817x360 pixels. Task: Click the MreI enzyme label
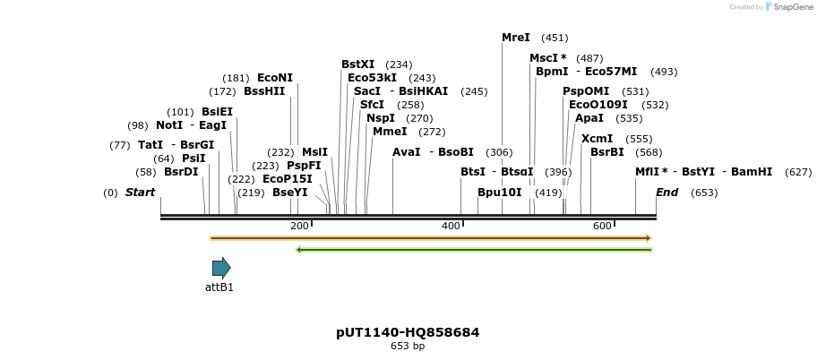[516, 38]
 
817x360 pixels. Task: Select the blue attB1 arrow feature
[221, 268]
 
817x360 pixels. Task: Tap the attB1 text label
[219, 287]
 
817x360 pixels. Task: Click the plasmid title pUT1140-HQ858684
[408, 332]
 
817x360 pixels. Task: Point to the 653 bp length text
[408, 346]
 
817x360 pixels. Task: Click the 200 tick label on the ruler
[299, 227]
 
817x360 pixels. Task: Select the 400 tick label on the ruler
[451, 227]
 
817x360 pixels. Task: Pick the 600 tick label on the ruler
[602, 227]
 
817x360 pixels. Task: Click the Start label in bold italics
[140, 193]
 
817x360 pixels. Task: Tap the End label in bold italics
[666, 193]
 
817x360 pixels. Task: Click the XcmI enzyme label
[598, 139]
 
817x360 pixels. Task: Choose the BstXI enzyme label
[358, 64]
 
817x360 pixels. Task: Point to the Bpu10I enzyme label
[499, 193]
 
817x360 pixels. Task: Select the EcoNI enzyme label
[275, 78]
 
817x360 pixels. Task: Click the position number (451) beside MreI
[555, 38]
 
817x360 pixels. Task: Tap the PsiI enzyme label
[193, 159]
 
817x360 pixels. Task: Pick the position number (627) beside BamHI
[797, 172]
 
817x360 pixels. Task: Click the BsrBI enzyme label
[607, 152]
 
